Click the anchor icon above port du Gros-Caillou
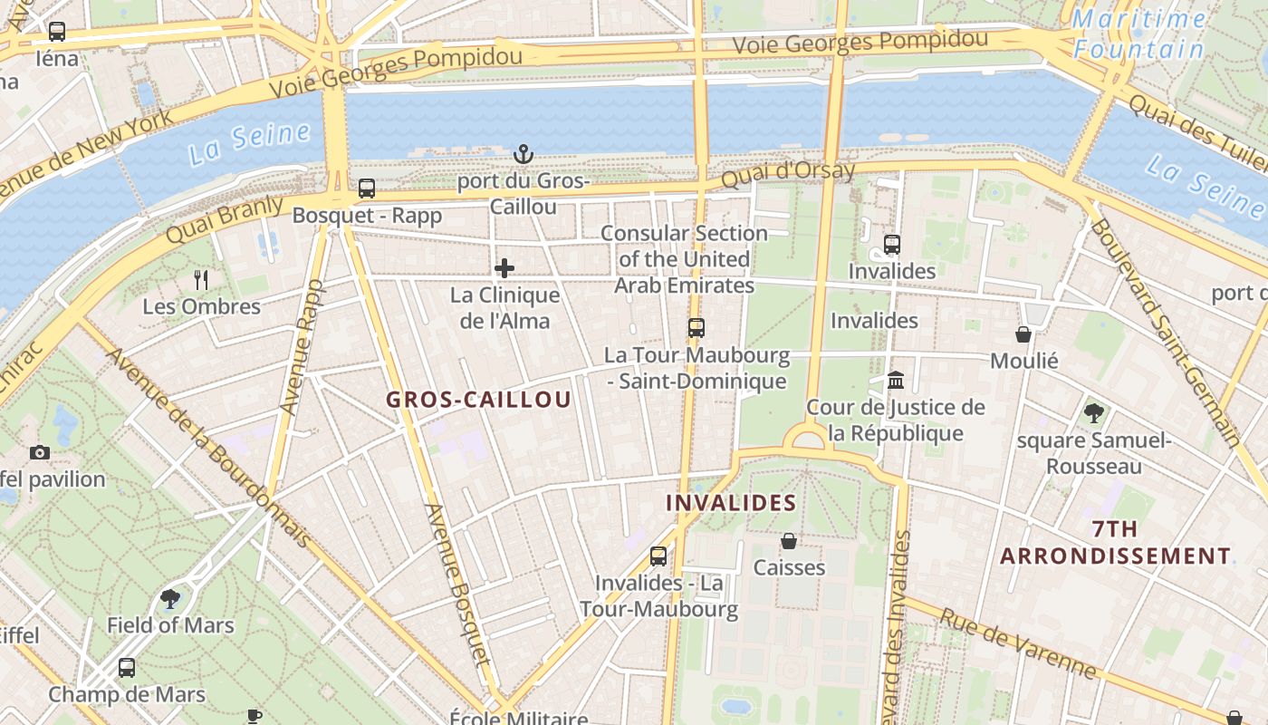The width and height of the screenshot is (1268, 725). point(523,153)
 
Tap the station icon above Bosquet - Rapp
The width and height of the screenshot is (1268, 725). point(367,188)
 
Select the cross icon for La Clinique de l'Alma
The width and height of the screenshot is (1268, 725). point(504,267)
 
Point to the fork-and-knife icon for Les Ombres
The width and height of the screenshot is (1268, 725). point(201,279)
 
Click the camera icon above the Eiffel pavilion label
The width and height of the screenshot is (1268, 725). point(39,452)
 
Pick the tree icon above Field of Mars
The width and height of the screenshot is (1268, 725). point(169,598)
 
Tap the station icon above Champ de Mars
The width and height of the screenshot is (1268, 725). point(127,668)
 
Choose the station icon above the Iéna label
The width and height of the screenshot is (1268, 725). point(57,32)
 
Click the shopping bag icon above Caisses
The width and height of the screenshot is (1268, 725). point(789,541)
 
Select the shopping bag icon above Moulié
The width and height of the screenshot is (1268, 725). point(1023,334)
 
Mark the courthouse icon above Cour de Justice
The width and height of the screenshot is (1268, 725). point(896,380)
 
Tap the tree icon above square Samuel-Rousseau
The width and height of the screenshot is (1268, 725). point(1094,413)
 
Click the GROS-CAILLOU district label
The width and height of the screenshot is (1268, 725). point(478,400)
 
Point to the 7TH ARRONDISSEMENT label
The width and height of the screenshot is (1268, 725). point(1115,542)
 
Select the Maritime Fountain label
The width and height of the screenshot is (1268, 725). point(1139,34)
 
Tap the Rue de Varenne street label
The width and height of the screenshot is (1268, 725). point(1018,643)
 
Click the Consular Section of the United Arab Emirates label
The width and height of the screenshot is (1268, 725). point(685,259)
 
